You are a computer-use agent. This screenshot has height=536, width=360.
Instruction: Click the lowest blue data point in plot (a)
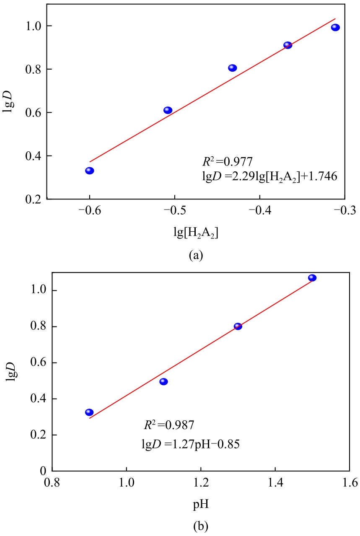pos(90,171)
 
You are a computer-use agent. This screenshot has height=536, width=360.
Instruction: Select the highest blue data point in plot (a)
pos(335,28)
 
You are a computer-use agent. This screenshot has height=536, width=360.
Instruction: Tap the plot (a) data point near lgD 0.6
pos(168,110)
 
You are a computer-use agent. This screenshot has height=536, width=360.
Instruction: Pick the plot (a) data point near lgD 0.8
pos(233,68)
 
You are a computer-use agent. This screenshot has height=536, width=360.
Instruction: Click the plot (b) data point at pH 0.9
pos(89,412)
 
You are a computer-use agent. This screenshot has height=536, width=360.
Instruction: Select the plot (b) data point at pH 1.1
pos(163,382)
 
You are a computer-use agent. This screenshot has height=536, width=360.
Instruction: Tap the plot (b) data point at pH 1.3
pos(238,326)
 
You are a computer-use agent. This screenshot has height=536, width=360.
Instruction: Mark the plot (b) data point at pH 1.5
pos(312,278)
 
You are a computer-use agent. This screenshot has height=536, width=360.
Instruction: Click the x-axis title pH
pos(201,504)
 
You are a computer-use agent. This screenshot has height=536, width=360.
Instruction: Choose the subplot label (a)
pos(196,255)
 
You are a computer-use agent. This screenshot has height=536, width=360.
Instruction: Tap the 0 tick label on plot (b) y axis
pos(42,471)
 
